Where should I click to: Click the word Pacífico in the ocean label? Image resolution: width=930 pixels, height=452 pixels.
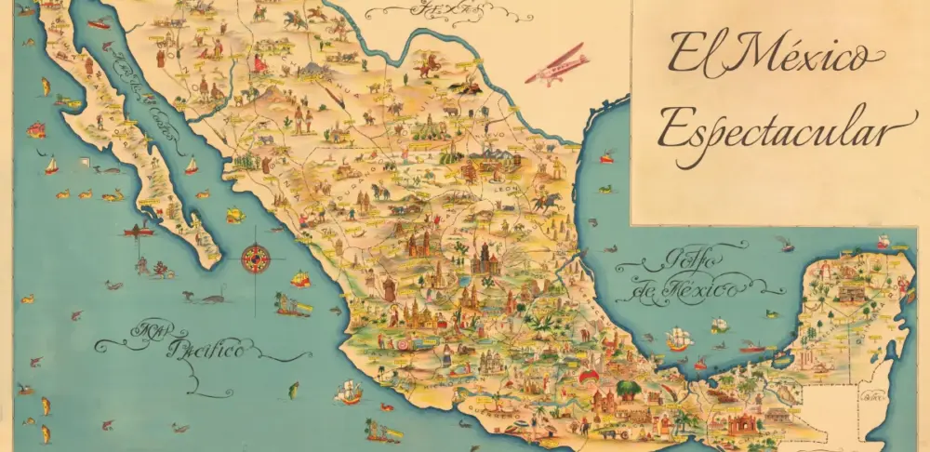coord(205,351)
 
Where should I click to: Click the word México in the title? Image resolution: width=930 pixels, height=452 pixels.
coord(796,56)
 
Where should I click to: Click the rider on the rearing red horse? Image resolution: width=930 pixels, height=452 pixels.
coord(429,64)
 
